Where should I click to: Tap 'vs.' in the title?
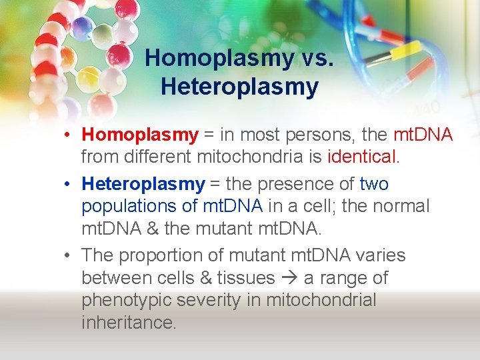pos(315,59)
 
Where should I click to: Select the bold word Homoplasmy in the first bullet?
pos(140,135)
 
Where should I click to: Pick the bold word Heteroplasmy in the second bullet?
pos(143,184)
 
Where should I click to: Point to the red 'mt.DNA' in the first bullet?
pos(423,135)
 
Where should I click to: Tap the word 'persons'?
pos(319,135)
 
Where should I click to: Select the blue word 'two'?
pos(373,184)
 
